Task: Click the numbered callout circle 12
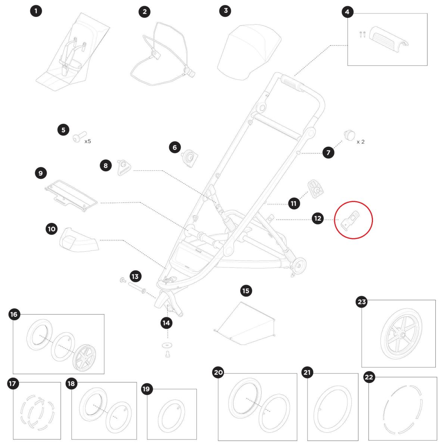pos(317,218)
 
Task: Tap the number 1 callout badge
pos(36,11)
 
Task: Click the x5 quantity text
pos(88,141)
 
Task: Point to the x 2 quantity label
pos(360,142)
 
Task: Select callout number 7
pos(328,153)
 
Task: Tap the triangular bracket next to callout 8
pos(124,167)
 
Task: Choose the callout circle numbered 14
pos(167,323)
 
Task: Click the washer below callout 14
pos(167,345)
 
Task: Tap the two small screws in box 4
pos(363,35)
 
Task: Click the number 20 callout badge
pos(218,373)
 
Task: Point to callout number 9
pos(41,173)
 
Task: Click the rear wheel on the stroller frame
pos(299,265)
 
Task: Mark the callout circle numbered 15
pos(246,291)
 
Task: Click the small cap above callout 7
pos(349,135)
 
